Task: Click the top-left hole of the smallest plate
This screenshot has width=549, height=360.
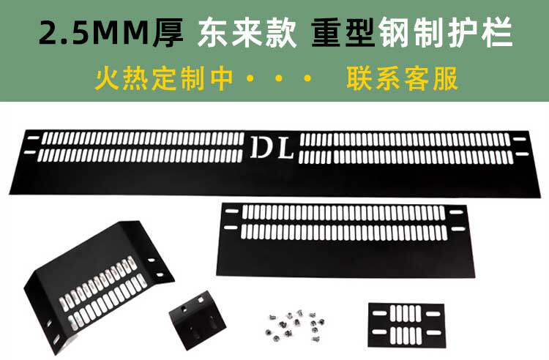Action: pyautogui.click(x=376, y=310)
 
